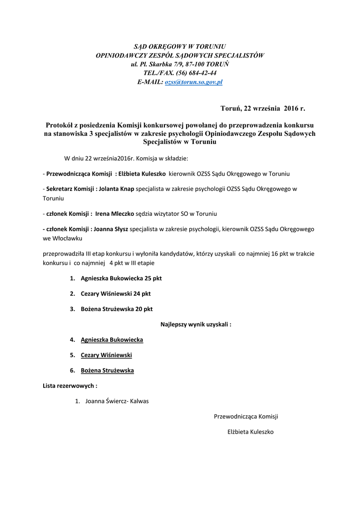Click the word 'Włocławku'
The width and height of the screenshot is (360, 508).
59,238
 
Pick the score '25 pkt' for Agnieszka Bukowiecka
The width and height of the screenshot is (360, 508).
153,278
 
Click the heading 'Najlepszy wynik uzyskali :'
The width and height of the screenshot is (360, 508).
196,324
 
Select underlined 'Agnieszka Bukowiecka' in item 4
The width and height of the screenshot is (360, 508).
112,340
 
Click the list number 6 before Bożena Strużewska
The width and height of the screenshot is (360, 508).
72,371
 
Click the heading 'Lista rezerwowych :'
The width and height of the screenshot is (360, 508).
70,385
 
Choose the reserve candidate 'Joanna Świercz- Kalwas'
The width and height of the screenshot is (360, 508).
117,401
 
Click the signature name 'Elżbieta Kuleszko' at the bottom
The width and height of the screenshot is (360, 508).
250,432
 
